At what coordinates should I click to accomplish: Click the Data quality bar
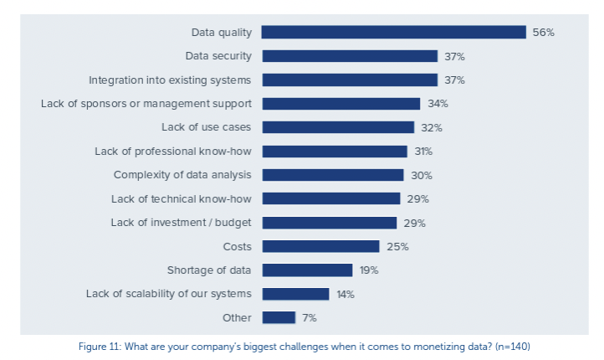coord(393,32)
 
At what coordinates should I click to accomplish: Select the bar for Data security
coord(349,56)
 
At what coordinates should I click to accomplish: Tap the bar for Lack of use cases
coord(337,127)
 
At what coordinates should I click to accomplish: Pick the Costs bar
coord(320,246)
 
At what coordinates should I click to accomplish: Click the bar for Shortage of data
coord(307,270)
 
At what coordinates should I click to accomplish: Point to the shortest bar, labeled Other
coord(279,317)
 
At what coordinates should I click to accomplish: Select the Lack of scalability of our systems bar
coord(295,294)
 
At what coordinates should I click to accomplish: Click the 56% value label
coord(543,33)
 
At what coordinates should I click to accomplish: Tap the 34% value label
coord(438,104)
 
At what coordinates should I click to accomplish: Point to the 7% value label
coord(310,317)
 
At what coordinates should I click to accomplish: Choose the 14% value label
coord(346,294)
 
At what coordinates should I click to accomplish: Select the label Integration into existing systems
coord(171,80)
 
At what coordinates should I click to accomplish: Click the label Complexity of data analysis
coord(182,175)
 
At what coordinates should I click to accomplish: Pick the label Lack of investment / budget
coord(182,223)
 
